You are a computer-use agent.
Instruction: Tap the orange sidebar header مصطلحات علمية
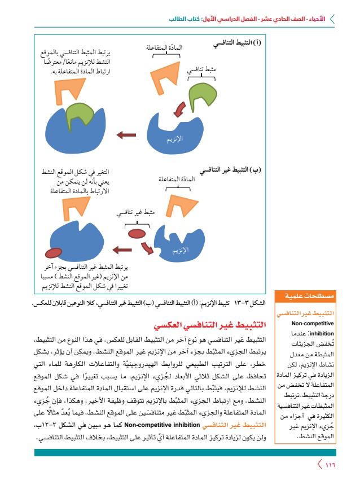click(304, 295)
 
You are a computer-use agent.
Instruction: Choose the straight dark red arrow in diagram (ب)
click(120, 248)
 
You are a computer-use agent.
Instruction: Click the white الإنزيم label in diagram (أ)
click(175, 138)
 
